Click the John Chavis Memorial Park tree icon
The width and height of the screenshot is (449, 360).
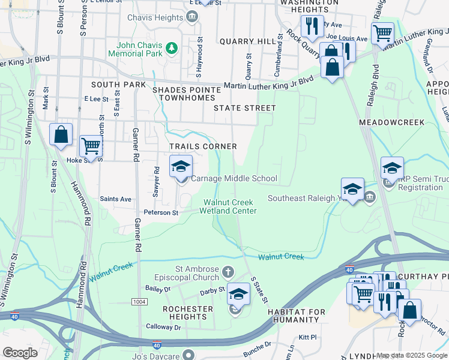[x=172, y=47]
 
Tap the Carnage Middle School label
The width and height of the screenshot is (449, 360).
[x=234, y=178]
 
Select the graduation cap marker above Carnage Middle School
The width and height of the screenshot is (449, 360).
[x=181, y=167]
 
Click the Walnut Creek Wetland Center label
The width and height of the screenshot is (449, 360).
[x=230, y=206]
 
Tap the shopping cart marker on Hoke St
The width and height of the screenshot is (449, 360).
[x=91, y=145]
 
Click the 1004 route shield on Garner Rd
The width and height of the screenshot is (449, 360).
[x=139, y=301]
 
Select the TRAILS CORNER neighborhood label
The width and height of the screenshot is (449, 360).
[x=203, y=146]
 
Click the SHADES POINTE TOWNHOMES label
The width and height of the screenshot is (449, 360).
[x=184, y=94]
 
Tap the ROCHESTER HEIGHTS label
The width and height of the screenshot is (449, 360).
[x=188, y=313]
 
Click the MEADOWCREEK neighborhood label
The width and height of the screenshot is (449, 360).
[x=391, y=122]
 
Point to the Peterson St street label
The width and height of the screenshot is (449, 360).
[x=160, y=212]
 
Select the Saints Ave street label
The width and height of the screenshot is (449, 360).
[x=115, y=199]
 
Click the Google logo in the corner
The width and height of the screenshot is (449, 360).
[x=20, y=353]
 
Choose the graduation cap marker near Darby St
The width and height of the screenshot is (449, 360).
[x=238, y=294]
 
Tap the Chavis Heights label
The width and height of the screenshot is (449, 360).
[x=155, y=17]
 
